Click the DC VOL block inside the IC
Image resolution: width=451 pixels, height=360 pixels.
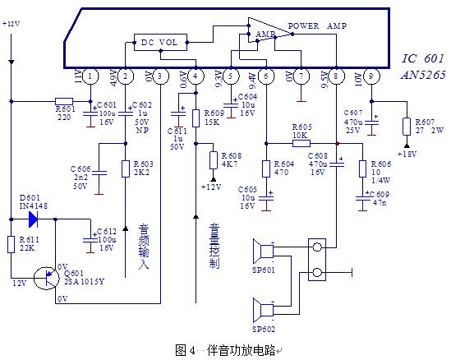coord(158,41)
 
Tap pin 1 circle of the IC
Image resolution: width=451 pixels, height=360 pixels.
coord(90,76)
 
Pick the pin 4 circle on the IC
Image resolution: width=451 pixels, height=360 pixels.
coord(196,76)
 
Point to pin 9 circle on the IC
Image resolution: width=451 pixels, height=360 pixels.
coord(371,76)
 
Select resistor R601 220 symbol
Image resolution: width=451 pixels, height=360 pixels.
coord(64,102)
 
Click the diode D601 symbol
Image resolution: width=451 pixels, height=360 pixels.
coord(33,219)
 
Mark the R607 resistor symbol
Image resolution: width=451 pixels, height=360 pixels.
coord(407,126)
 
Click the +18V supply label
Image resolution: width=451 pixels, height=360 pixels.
coord(406,154)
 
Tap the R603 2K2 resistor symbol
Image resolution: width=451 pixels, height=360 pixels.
coord(126,168)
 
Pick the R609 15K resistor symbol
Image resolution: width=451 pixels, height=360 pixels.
coord(196,118)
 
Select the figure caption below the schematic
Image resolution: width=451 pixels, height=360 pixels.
coord(226,349)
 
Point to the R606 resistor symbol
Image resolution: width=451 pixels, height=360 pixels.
coord(361,168)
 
